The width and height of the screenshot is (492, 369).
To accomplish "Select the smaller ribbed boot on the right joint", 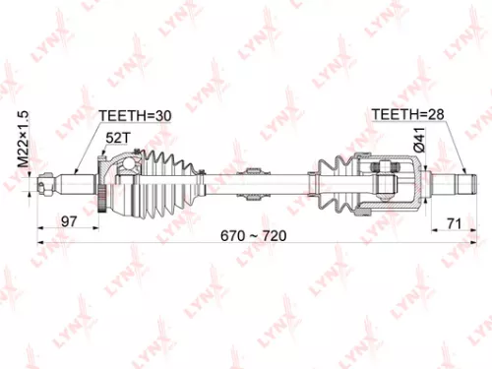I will (x=332, y=181).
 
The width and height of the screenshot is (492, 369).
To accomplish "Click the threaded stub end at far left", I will (x=47, y=182).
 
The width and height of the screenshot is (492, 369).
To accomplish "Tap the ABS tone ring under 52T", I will (x=103, y=182).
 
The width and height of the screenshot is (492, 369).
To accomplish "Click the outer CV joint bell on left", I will (x=123, y=182).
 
